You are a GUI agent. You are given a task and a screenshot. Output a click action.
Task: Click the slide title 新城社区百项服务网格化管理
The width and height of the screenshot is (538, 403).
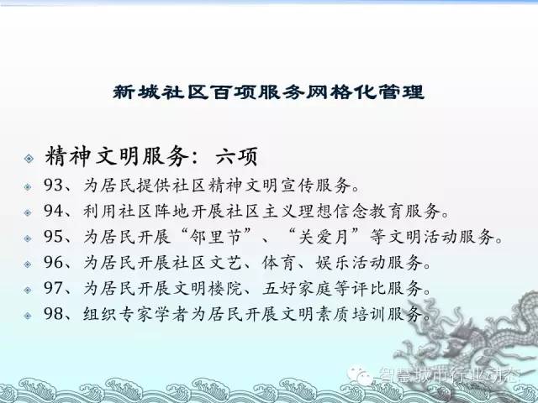click(269, 92)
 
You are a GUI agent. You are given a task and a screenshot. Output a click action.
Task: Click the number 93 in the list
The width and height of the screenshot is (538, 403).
click(53, 185)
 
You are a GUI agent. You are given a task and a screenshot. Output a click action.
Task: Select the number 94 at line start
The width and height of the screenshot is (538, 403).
click(53, 211)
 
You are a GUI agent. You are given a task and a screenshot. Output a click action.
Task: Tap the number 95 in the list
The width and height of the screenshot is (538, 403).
click(53, 237)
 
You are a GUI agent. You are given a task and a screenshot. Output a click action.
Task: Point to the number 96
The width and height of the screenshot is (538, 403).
click(53, 262)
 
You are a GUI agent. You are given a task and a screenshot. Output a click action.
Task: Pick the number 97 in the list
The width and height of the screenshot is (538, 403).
click(53, 288)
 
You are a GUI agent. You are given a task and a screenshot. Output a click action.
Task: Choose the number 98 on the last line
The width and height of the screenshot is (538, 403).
click(53, 313)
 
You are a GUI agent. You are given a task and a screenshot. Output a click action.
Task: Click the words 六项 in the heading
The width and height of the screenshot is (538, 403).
click(236, 157)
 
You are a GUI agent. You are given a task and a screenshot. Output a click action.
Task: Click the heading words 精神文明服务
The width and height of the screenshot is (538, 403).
click(117, 157)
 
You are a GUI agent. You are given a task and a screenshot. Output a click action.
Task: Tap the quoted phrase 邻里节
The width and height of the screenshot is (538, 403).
click(216, 237)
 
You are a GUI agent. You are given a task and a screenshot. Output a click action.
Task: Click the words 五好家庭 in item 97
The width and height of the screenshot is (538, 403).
click(297, 288)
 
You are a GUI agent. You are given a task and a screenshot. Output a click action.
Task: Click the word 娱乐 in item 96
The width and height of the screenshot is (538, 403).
click(333, 263)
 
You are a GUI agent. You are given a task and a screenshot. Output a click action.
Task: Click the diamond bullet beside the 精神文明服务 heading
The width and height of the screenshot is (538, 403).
click(29, 158)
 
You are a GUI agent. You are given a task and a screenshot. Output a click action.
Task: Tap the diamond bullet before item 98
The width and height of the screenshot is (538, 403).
click(28, 316)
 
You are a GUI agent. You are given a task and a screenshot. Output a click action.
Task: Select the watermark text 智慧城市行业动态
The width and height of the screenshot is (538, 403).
click(448, 375)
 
